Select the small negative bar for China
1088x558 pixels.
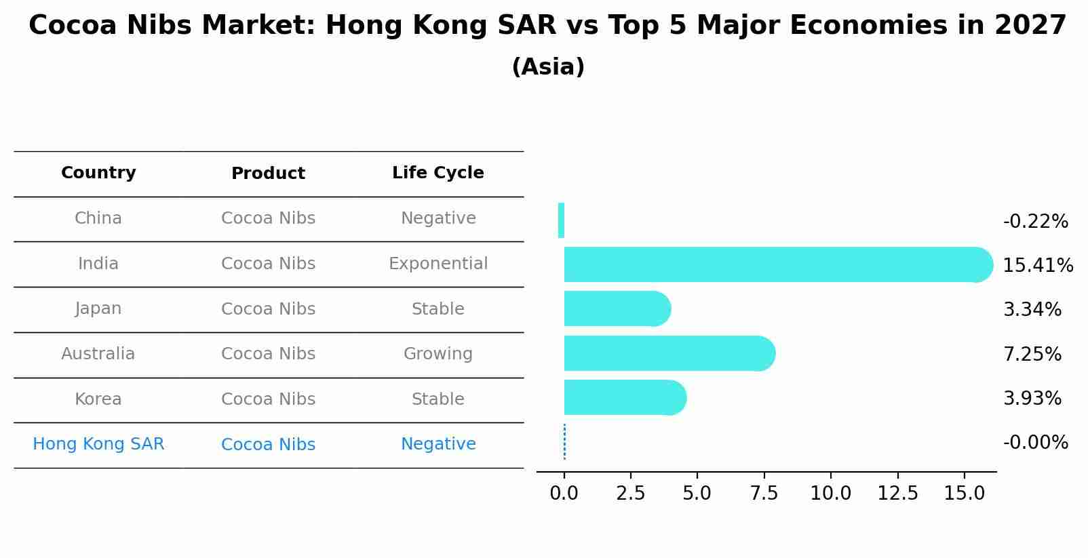pyautogui.click(x=561, y=220)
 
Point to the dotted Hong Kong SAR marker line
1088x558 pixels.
pyautogui.click(x=564, y=442)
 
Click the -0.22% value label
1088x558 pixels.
pyautogui.click(x=1035, y=222)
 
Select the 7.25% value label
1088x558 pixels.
pyautogui.click(x=1032, y=354)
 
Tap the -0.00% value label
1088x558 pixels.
pyautogui.click(x=1035, y=443)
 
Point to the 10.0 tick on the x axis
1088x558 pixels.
pyautogui.click(x=830, y=494)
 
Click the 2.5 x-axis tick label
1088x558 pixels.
pyautogui.click(x=630, y=494)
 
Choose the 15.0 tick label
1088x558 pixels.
pyautogui.click(x=964, y=494)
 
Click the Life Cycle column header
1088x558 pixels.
pyautogui.click(x=438, y=173)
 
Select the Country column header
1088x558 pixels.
pyautogui.click(x=98, y=173)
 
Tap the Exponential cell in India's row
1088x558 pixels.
pyautogui.click(x=438, y=264)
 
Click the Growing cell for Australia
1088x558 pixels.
pyautogui.click(x=438, y=354)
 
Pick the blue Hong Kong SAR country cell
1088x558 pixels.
pyautogui.click(x=98, y=444)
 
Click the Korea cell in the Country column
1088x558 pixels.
pyautogui.click(x=98, y=399)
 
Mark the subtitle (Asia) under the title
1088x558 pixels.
pyautogui.click(x=548, y=67)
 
